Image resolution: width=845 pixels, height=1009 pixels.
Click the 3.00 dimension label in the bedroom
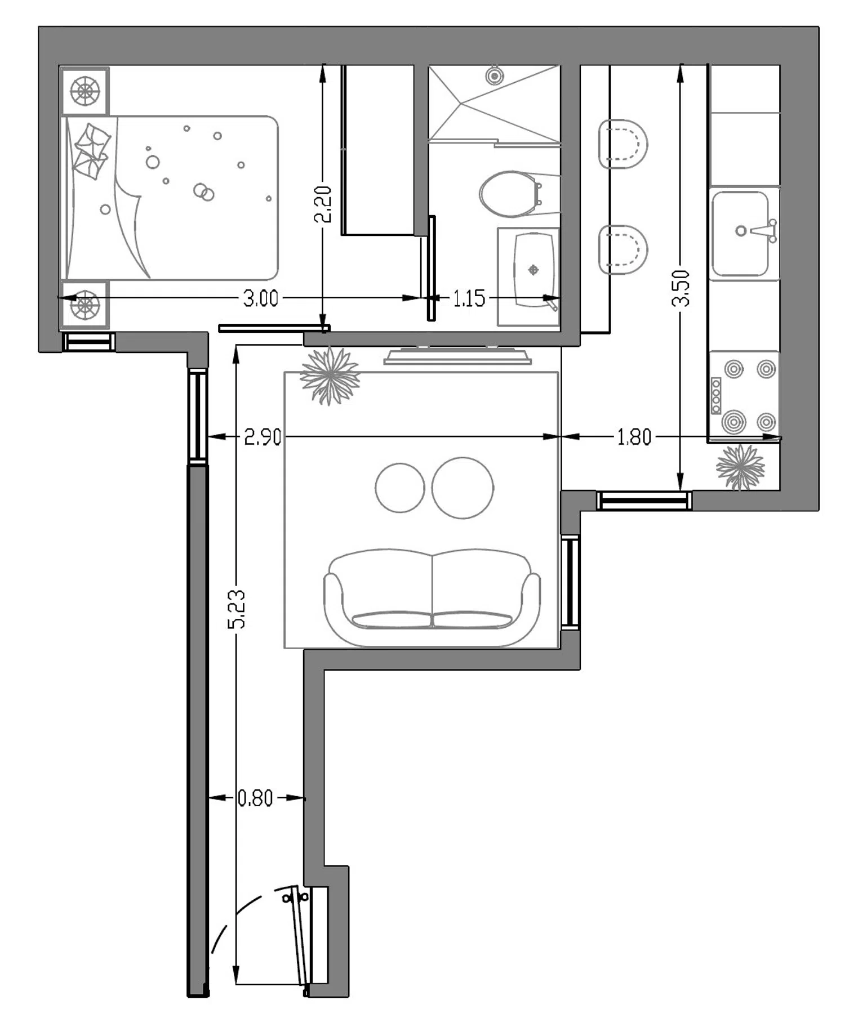tap(260, 298)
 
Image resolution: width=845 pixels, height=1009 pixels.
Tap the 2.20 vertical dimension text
tap(323, 204)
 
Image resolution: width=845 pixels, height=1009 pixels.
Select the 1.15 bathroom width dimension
tap(469, 298)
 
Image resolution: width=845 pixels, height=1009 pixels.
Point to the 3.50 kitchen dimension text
tap(681, 288)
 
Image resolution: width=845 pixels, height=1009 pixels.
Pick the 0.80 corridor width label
tap(255, 798)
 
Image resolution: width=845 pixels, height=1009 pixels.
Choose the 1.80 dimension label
tap(634, 437)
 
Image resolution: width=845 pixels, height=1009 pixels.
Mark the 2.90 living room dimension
tap(263, 437)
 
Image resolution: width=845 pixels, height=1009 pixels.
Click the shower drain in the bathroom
tap(494, 75)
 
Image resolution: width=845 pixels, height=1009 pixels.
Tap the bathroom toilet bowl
tap(509, 194)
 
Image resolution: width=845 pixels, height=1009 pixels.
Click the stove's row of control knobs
tap(716, 396)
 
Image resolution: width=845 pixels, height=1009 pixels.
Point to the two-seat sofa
tap(432, 597)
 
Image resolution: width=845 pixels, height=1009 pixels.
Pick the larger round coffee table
tap(462, 488)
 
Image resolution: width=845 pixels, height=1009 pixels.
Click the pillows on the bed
tap(91, 151)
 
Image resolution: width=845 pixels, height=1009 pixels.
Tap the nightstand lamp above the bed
tap(84, 91)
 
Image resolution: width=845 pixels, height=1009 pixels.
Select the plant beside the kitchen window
tap(740, 467)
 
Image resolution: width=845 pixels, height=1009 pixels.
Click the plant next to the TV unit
tap(330, 376)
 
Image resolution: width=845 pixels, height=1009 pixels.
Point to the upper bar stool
tap(623, 144)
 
